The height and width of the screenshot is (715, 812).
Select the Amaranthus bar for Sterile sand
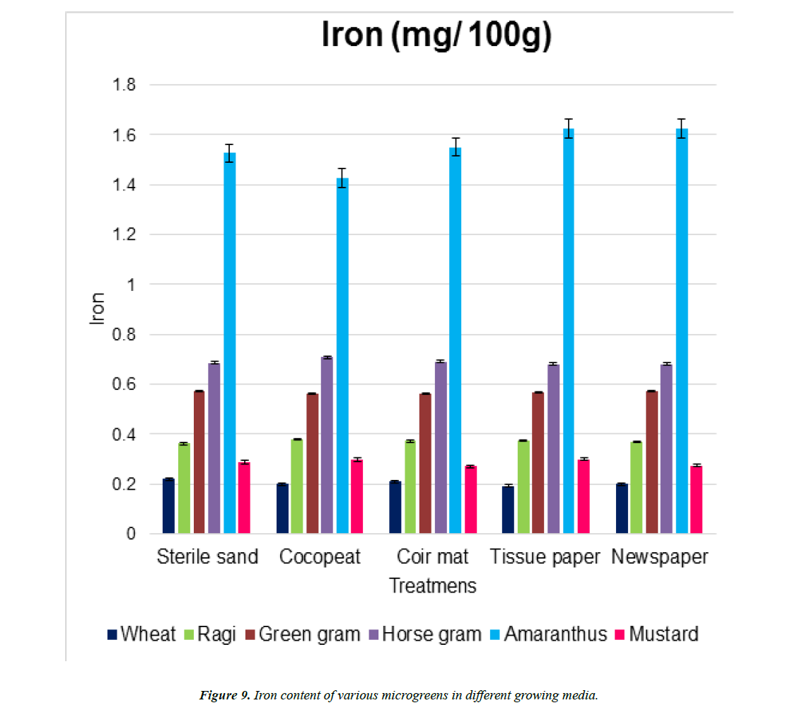[229, 343]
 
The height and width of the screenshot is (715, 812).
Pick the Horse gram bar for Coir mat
[441, 447]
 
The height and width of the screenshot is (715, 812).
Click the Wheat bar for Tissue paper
[508, 510]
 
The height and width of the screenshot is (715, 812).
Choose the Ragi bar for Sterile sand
[184, 488]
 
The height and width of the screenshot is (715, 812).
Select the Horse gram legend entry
[427, 634]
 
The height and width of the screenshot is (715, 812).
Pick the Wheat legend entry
[141, 634]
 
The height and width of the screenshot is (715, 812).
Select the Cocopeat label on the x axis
[320, 557]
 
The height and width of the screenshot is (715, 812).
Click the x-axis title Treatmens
[433, 586]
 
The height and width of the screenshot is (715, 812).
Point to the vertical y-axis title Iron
[97, 309]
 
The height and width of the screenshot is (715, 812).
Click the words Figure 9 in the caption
[223, 695]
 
